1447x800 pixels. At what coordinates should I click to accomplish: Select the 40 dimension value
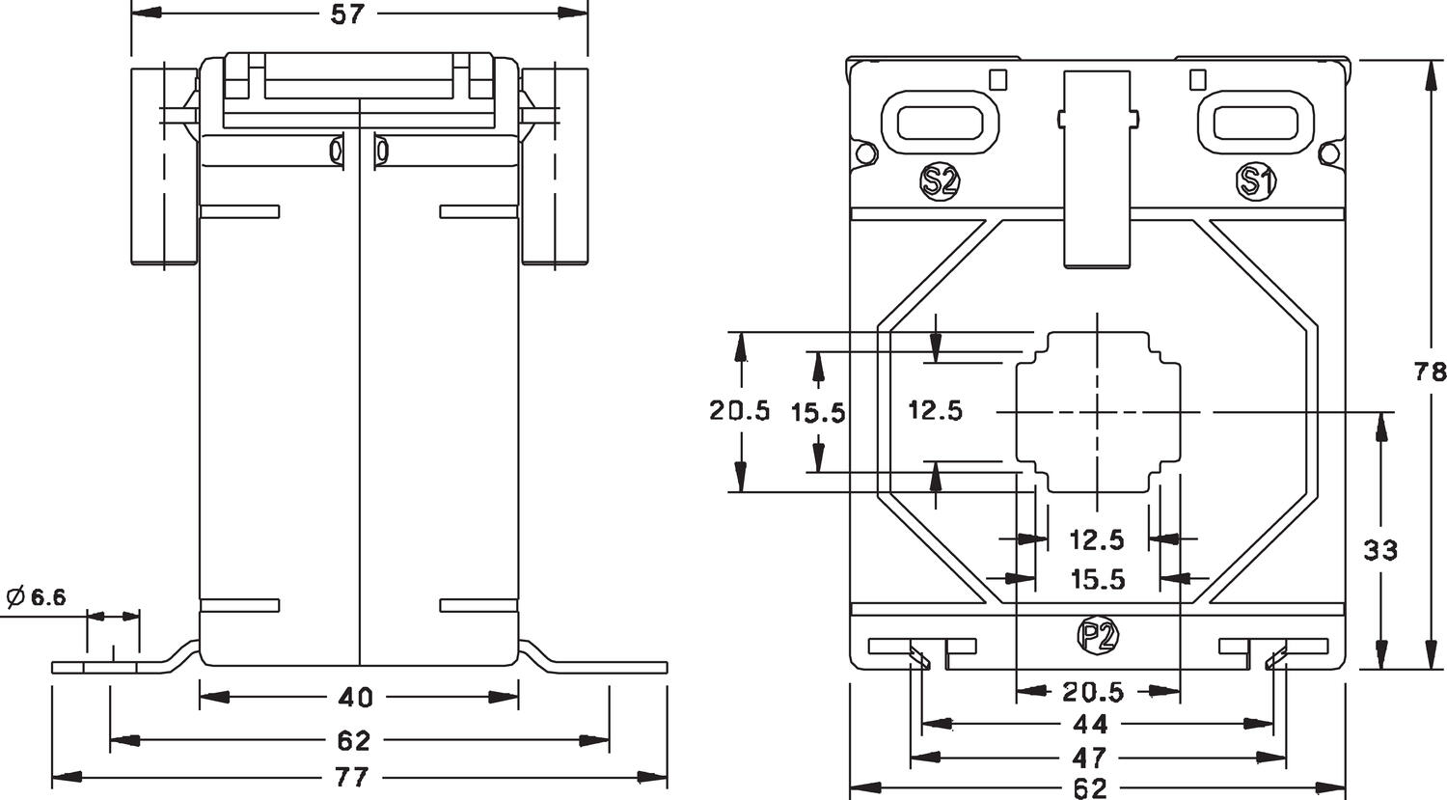coord(356,697)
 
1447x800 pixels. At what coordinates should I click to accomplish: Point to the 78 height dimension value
coord(1431,372)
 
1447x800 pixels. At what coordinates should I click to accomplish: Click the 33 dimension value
coord(1380,551)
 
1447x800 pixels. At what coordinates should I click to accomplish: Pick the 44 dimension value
coord(1090,724)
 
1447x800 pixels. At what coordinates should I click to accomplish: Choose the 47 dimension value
coord(1090,756)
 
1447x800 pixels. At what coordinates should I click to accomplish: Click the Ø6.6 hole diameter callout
coord(37,597)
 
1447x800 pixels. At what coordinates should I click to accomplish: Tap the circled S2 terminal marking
coord(940,181)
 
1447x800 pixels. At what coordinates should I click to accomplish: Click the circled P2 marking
coord(1097,635)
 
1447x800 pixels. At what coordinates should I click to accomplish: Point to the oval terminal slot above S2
coord(941,123)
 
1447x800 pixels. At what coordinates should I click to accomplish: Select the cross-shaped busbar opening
coord(1098,411)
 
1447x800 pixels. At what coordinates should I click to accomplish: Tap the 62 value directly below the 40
coord(355,741)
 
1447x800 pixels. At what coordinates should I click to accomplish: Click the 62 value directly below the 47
coord(1090,788)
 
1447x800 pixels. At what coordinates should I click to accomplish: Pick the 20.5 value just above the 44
coord(1093,692)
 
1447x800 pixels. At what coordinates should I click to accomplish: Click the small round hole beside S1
coord(1328,153)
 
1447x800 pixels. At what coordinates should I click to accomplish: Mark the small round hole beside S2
coord(865,153)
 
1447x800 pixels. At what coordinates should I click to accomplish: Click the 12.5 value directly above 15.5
coord(1097,538)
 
